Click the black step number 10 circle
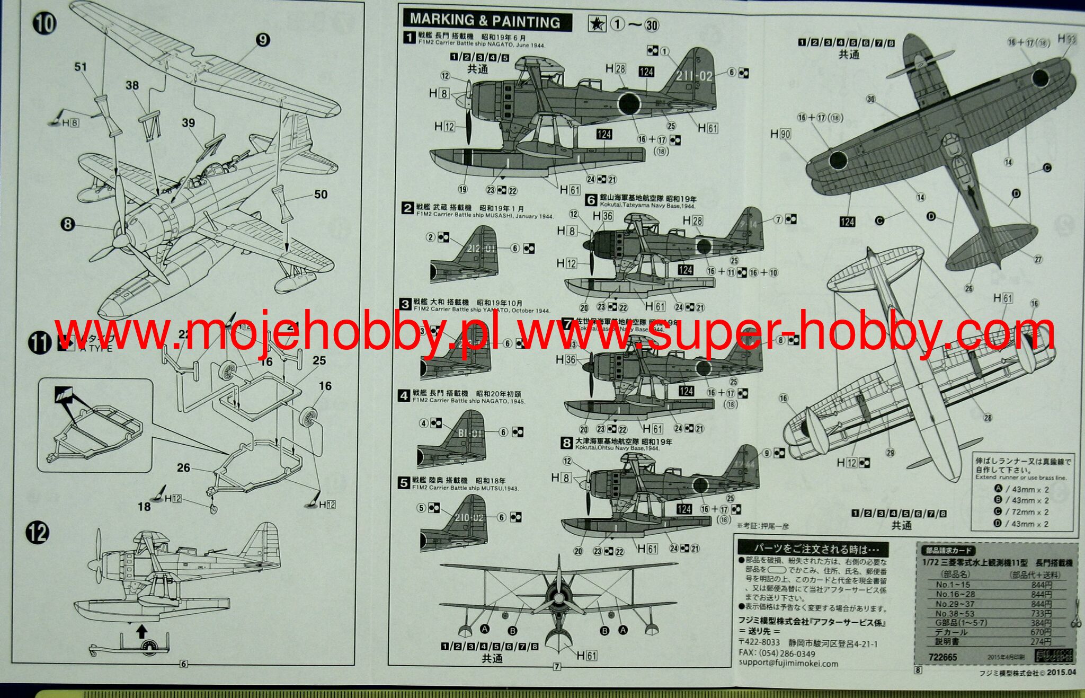click(x=45, y=23)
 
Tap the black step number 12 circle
click(x=38, y=533)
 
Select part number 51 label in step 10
click(x=81, y=67)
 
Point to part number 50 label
click(x=321, y=195)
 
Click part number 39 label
click(x=189, y=123)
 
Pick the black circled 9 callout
click(x=263, y=40)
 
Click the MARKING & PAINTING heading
click(x=485, y=21)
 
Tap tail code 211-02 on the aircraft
click(x=695, y=76)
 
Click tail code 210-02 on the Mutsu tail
click(x=469, y=517)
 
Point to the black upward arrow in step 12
click(x=141, y=631)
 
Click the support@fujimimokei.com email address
click(x=788, y=663)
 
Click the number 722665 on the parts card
click(x=943, y=657)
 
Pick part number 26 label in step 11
click(x=183, y=467)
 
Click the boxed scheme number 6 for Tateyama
click(x=591, y=200)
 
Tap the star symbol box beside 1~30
click(x=597, y=24)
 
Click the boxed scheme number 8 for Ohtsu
click(x=567, y=443)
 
